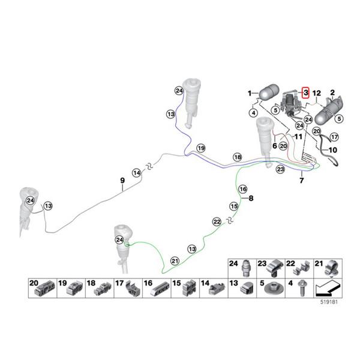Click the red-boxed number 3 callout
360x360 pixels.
[305, 93]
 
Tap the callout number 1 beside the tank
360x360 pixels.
[250, 94]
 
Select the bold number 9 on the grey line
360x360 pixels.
[122, 181]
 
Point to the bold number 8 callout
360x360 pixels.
[251, 198]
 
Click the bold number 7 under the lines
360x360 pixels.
[301, 181]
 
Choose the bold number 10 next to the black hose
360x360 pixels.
[332, 150]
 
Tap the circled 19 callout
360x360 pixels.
[201, 148]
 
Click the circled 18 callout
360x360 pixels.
[238, 157]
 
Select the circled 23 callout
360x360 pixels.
[281, 169]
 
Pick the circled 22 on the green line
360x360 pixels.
[217, 222]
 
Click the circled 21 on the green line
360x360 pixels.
[175, 261]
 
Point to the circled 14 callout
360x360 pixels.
[137, 173]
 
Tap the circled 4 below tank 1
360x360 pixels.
[253, 113]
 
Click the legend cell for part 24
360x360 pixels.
[242, 269]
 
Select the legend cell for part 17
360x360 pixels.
[128, 288]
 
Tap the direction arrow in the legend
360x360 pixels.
[328, 289]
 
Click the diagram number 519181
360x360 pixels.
[329, 302]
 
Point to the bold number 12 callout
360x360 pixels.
[317, 93]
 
